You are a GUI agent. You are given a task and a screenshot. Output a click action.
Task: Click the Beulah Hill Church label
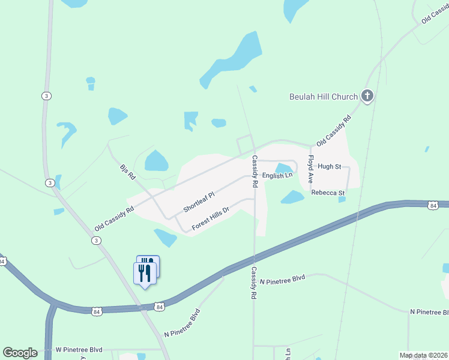[x=324, y=97]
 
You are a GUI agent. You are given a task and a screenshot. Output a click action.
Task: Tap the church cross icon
[x=367, y=96]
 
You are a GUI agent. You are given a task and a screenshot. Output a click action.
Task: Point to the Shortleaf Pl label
[x=199, y=202]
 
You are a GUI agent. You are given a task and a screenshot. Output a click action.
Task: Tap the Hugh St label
[x=330, y=166]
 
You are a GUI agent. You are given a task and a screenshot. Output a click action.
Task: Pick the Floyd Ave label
[x=311, y=170]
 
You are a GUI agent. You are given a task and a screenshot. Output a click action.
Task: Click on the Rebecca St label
[x=328, y=193]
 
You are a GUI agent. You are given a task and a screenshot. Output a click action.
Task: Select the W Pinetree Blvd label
[x=79, y=349]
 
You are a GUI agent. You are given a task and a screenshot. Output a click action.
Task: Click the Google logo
[x=20, y=353]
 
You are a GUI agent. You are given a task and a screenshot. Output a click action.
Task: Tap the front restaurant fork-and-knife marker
[x=144, y=274]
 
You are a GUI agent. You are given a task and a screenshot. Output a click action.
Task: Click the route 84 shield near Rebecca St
[x=433, y=206]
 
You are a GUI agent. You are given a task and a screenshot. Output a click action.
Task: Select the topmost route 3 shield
[x=46, y=96]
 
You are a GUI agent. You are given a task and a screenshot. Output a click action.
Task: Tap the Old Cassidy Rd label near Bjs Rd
[x=114, y=220]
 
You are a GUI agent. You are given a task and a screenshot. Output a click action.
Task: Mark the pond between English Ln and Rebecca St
[x=292, y=197]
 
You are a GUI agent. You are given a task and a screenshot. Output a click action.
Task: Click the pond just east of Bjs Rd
[x=156, y=160]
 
